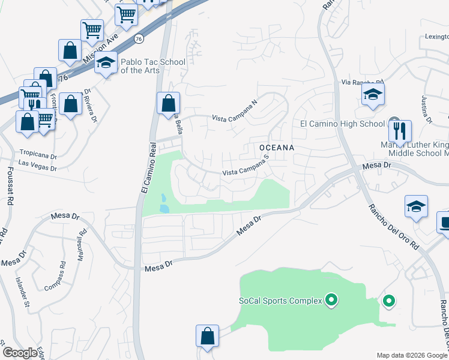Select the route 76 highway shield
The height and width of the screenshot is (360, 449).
point(139,38)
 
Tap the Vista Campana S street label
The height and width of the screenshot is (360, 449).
point(245,167)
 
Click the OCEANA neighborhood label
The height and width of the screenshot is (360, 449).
point(277,147)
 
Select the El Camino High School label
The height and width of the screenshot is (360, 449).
point(342,124)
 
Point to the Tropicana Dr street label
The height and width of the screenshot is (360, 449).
point(38,154)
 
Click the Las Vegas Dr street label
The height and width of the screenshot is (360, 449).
point(38,168)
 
